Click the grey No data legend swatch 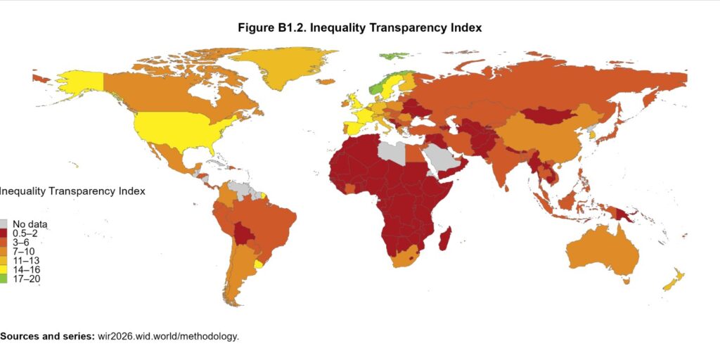(5, 224)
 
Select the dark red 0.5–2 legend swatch (5, 233)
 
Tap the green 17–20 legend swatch (5, 278)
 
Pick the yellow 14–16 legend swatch (5, 269)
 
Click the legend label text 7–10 (25, 251)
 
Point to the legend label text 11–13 (27, 260)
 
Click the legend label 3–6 (22, 243)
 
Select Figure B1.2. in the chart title (270, 28)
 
